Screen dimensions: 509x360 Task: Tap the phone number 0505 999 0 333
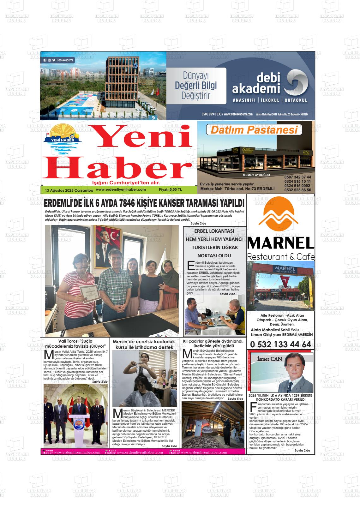click(x=212, y=114)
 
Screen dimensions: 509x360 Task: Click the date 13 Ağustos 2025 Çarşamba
click(x=69, y=190)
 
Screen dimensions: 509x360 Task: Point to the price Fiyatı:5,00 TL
click(x=171, y=190)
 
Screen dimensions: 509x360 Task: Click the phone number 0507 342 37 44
click(x=297, y=177)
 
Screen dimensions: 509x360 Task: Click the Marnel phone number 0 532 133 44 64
click(x=280, y=344)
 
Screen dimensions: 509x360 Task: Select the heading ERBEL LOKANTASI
click(x=214, y=231)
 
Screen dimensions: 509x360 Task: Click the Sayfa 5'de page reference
click(x=235, y=399)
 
